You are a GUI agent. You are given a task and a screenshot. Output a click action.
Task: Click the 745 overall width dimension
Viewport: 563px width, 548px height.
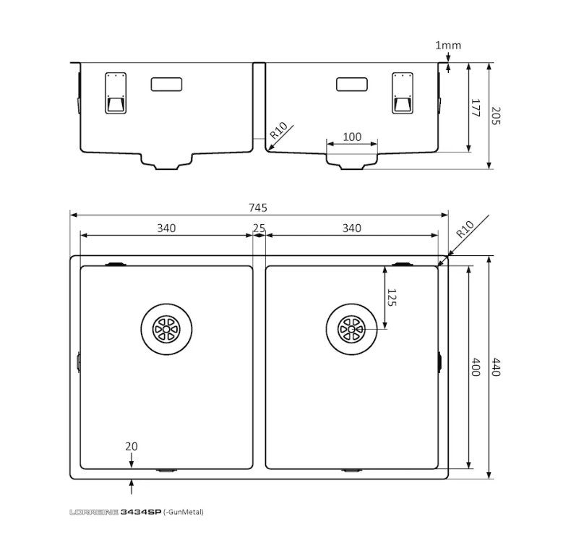(258, 207)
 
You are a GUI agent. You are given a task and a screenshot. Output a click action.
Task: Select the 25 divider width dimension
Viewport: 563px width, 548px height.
(259, 228)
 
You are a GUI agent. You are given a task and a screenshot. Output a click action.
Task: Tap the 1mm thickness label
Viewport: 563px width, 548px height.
(448, 46)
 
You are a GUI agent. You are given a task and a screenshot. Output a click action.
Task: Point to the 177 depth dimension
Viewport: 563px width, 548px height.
(475, 108)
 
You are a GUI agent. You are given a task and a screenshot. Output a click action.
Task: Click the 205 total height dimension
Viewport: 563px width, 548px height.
(496, 115)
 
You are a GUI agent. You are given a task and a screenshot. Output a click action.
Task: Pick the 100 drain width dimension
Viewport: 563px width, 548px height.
(352, 137)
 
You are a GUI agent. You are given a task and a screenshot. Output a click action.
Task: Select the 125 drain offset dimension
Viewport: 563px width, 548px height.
(392, 297)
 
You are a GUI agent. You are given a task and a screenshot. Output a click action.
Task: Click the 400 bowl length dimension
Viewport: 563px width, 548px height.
(476, 367)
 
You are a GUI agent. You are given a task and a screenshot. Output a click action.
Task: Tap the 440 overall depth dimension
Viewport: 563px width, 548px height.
(496, 367)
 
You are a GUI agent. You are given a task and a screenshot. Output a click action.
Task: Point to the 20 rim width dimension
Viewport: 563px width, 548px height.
(132, 446)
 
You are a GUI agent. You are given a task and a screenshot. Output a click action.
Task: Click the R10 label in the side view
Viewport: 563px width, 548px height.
(279, 130)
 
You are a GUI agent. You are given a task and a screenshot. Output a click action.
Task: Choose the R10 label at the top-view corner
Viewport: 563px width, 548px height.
(465, 229)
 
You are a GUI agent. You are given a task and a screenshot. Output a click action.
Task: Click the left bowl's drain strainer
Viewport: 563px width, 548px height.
(166, 329)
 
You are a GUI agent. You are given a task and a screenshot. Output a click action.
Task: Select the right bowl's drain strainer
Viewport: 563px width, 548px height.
(351, 329)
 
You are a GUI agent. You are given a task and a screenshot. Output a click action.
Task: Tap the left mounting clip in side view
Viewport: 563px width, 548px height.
(116, 93)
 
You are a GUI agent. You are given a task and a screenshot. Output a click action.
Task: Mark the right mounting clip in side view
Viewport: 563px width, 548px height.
(403, 93)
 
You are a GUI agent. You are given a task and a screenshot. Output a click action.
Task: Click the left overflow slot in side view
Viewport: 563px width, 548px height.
(167, 84)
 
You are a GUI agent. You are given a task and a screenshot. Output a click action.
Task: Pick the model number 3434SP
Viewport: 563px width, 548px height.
(141, 512)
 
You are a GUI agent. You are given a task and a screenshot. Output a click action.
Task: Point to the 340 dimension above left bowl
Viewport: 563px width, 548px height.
(166, 228)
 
